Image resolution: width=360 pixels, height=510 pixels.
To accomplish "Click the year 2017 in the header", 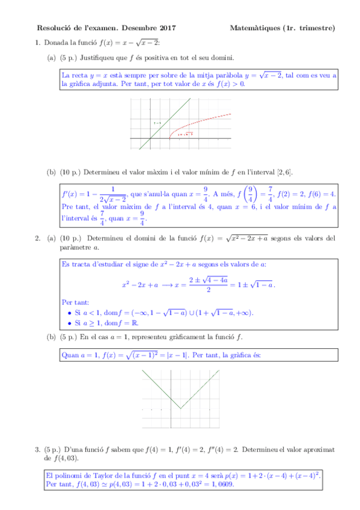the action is (167, 28).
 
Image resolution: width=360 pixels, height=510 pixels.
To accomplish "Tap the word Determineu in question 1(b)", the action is (102, 172).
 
